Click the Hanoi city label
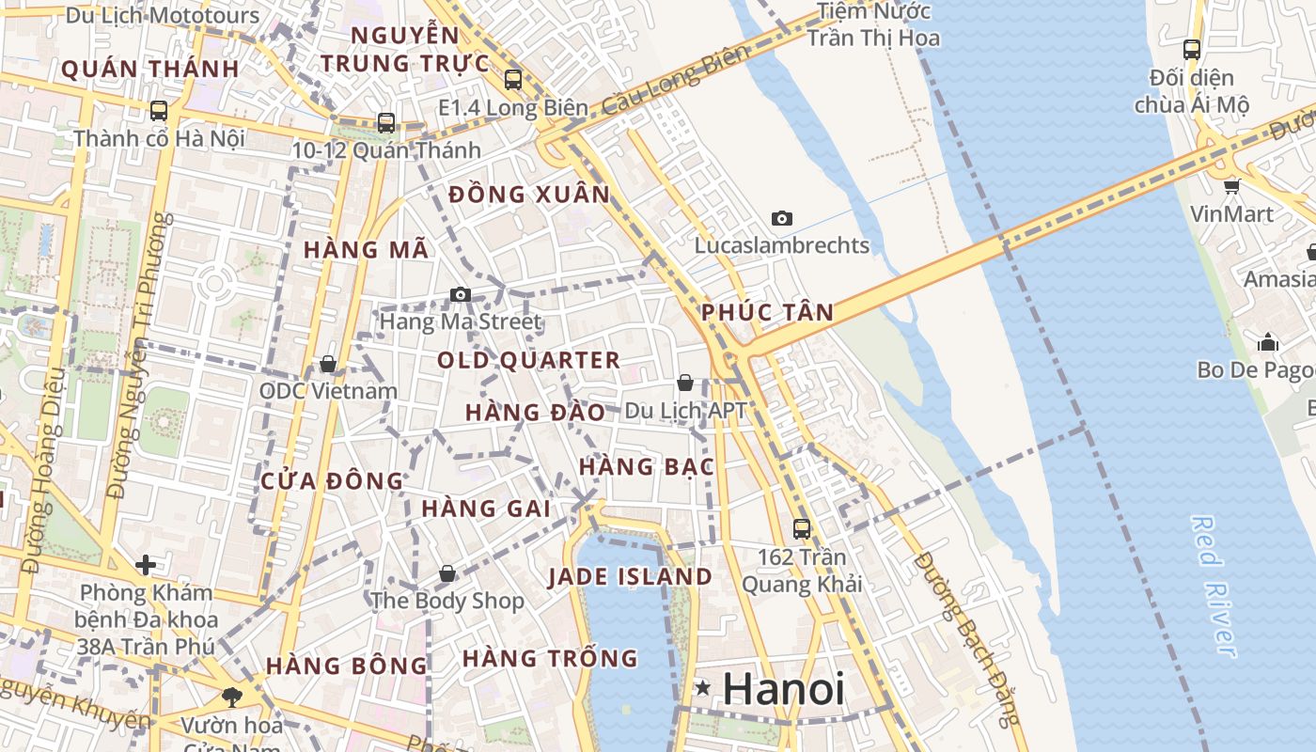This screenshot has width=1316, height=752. pyautogui.click(x=783, y=690)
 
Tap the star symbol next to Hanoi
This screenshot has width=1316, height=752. pyautogui.click(x=702, y=689)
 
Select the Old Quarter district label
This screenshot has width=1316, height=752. pyautogui.click(x=528, y=360)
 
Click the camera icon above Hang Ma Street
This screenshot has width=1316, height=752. pyautogui.click(x=460, y=294)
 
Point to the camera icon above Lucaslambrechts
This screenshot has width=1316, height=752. pyautogui.click(x=781, y=219)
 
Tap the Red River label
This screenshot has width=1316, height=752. pyautogui.click(x=1214, y=585)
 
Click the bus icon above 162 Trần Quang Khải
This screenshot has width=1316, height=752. pyautogui.click(x=801, y=528)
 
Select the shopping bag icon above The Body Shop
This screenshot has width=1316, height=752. pyautogui.click(x=447, y=572)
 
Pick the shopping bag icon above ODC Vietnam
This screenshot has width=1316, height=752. pyautogui.click(x=328, y=363)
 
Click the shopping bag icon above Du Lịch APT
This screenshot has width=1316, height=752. pyautogui.click(x=685, y=383)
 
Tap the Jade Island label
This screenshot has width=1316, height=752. pyautogui.click(x=630, y=576)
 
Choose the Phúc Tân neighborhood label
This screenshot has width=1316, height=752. pyautogui.click(x=767, y=313)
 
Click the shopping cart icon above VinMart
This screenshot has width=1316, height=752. pyautogui.click(x=1231, y=186)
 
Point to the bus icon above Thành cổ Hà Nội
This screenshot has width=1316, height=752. pyautogui.click(x=159, y=111)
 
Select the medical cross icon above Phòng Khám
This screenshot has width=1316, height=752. pyautogui.click(x=145, y=565)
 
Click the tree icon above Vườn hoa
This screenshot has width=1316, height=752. pyautogui.click(x=231, y=697)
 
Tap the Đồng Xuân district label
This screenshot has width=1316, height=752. pyautogui.click(x=529, y=195)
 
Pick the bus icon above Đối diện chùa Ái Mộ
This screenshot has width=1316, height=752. pyautogui.click(x=1191, y=50)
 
